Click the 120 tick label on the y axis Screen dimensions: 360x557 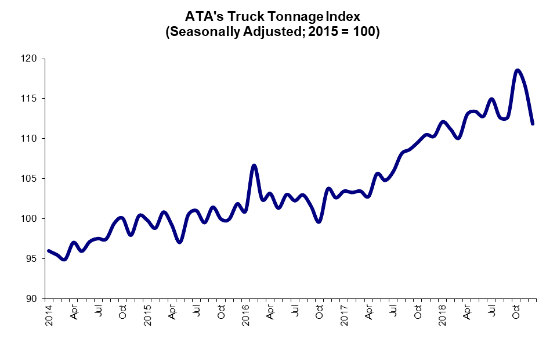click(29, 59)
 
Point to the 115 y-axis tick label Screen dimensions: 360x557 click(29, 99)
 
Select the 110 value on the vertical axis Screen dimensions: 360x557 click(29, 139)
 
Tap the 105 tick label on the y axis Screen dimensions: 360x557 click(29, 179)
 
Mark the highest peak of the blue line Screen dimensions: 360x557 click(517, 70)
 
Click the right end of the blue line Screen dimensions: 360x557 click(533, 124)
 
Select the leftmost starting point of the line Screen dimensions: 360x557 click(48, 251)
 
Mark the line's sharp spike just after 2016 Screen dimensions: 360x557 click(254, 165)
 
